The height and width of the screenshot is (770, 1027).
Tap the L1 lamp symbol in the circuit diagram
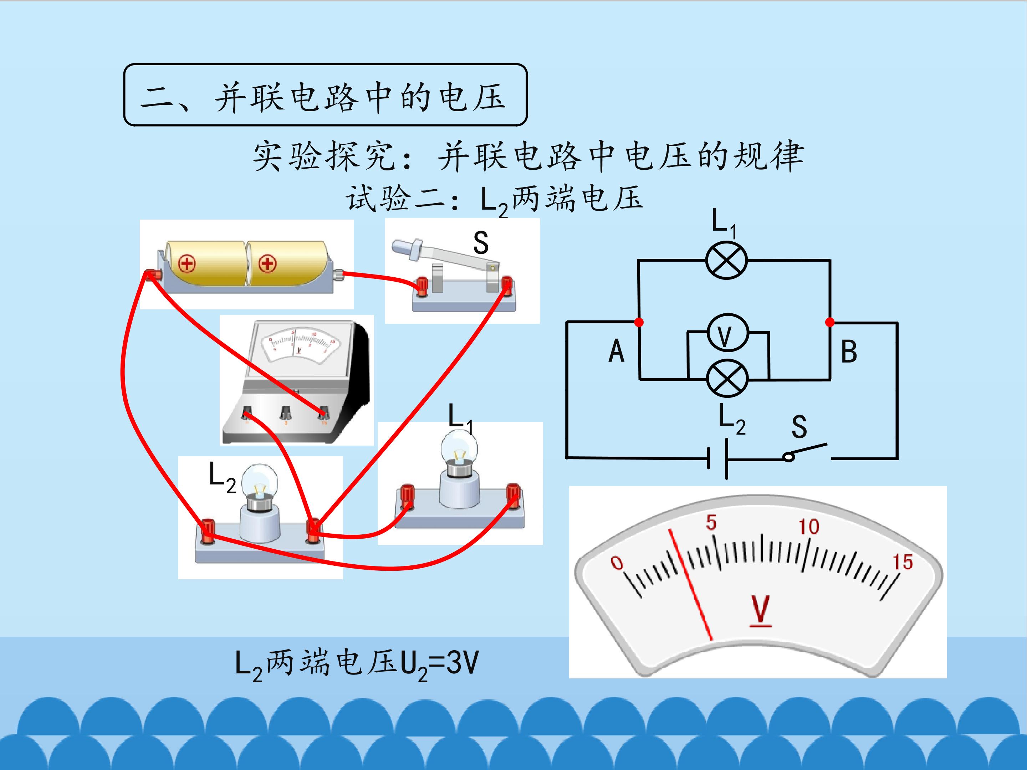[x=727, y=260]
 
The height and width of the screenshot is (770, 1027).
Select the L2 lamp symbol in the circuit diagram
[x=727, y=379]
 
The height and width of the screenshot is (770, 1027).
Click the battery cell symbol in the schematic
[x=718, y=458]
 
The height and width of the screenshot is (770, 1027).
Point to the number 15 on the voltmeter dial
[x=903, y=563]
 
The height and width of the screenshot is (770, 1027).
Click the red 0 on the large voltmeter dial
[x=617, y=563]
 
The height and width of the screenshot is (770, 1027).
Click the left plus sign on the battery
[x=187, y=265]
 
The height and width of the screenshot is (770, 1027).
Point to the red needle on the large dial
[x=690, y=585]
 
